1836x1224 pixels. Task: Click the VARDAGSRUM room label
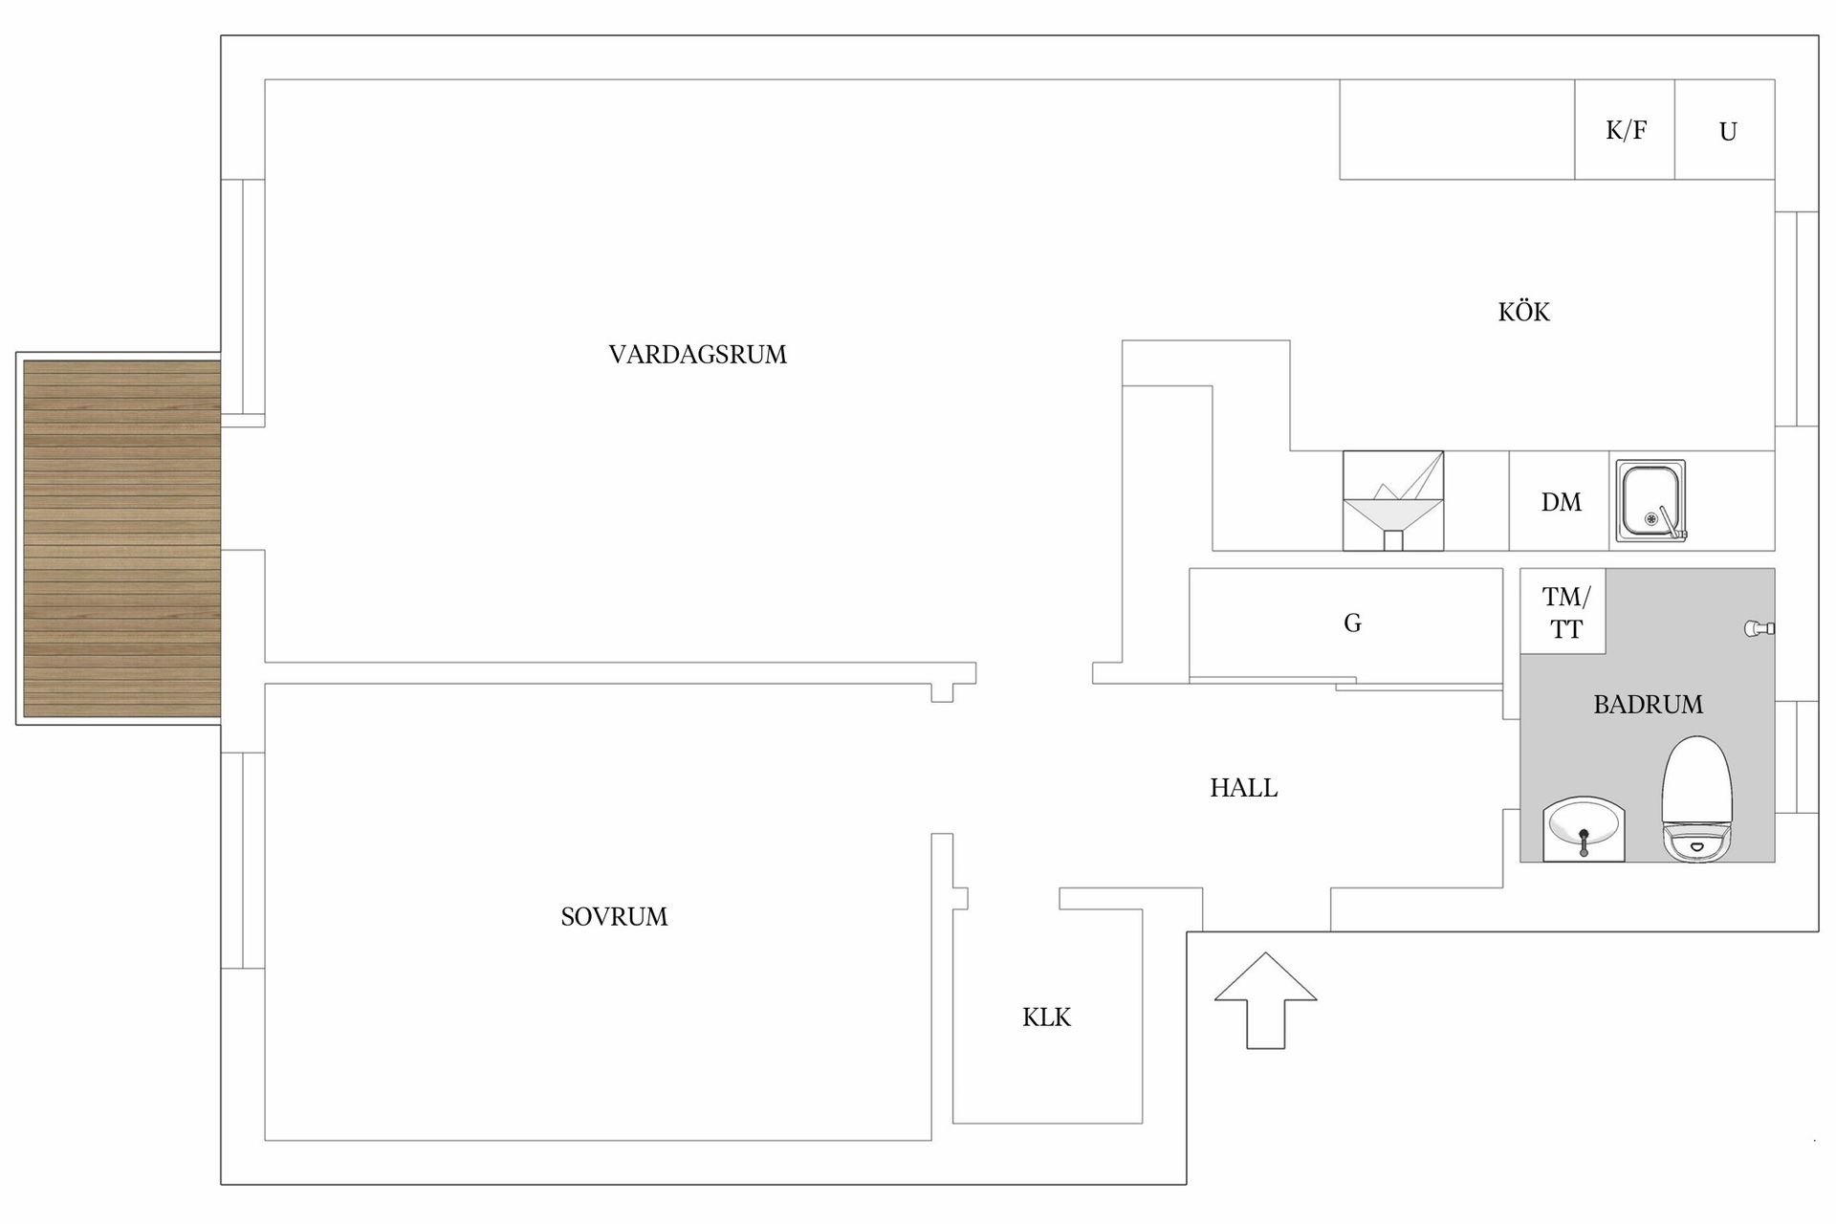click(697, 355)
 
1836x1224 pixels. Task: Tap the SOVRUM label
click(614, 917)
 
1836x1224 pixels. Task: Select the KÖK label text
click(1523, 312)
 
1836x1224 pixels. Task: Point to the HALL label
click(1243, 788)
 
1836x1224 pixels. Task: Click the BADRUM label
click(1648, 705)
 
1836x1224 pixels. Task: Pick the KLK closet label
click(1046, 1017)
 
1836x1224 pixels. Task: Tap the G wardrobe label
click(1352, 623)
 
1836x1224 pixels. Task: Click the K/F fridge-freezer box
click(1625, 130)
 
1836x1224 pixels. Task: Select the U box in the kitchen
click(1726, 130)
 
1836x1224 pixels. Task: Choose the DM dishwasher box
click(1560, 501)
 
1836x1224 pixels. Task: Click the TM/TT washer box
click(1563, 612)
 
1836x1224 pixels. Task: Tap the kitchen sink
click(1650, 501)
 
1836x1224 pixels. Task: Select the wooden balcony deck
click(121, 538)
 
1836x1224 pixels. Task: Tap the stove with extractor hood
click(1392, 501)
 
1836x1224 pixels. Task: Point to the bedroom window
click(243, 861)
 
